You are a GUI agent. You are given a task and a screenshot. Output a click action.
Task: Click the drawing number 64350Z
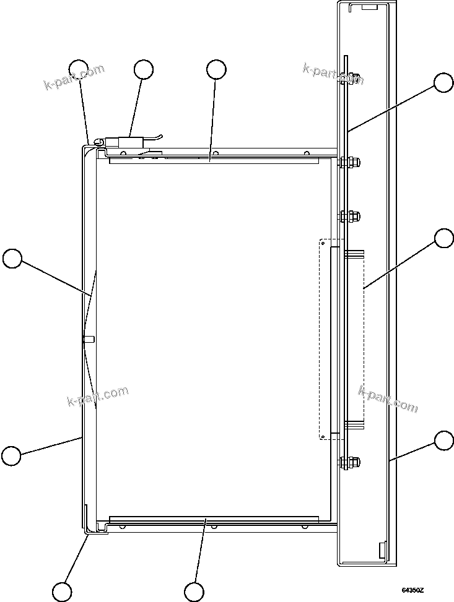413,591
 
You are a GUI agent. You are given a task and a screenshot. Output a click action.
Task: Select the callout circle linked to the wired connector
144,69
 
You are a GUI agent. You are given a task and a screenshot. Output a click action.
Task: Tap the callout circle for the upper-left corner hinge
78,69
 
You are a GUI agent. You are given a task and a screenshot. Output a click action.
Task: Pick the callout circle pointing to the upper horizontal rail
216,69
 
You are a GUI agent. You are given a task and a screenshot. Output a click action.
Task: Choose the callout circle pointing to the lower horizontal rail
194,591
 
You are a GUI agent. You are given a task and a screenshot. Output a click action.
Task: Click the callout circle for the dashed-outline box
443,238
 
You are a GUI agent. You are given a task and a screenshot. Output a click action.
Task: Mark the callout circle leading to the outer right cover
443,441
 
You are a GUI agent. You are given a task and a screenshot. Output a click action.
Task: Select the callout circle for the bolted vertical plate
443,84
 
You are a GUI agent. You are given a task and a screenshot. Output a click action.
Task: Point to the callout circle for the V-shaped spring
12,258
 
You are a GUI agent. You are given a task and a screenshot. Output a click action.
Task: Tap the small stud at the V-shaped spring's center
88,338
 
